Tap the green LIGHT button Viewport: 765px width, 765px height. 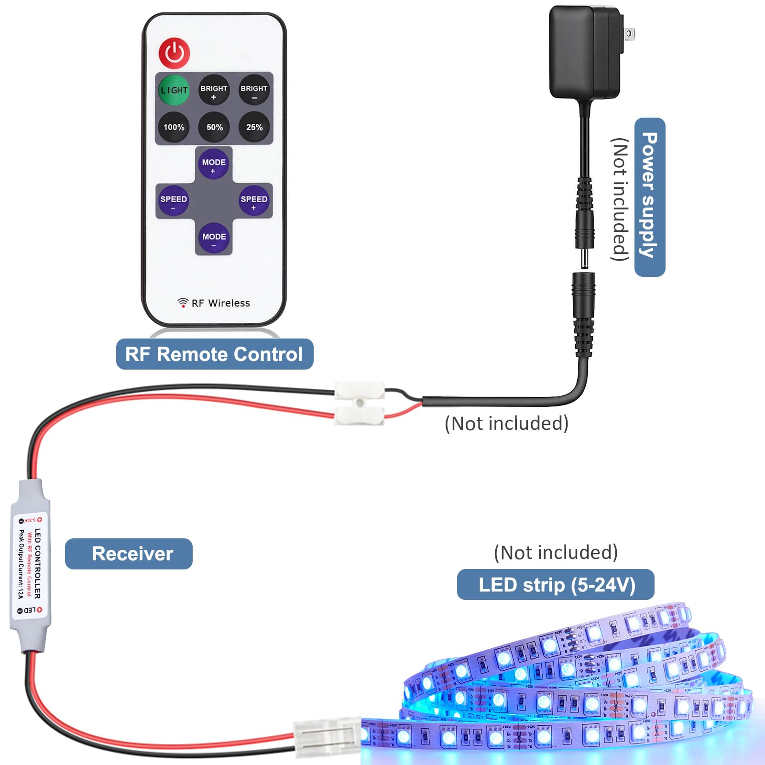pyautogui.click(x=174, y=90)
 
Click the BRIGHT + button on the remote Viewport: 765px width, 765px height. pyautogui.click(x=214, y=90)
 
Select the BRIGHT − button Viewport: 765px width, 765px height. pyautogui.click(x=254, y=90)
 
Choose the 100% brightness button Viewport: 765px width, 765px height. pyautogui.click(x=174, y=127)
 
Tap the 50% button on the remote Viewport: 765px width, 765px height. pyautogui.click(x=214, y=127)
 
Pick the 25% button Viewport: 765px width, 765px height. pyautogui.click(x=254, y=127)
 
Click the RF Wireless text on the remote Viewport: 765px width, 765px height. pyautogui.click(x=220, y=303)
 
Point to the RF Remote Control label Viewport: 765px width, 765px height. pyautogui.click(x=214, y=354)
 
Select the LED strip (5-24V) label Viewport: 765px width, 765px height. pyautogui.click(x=556, y=584)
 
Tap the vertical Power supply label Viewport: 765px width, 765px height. pyautogui.click(x=649, y=197)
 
